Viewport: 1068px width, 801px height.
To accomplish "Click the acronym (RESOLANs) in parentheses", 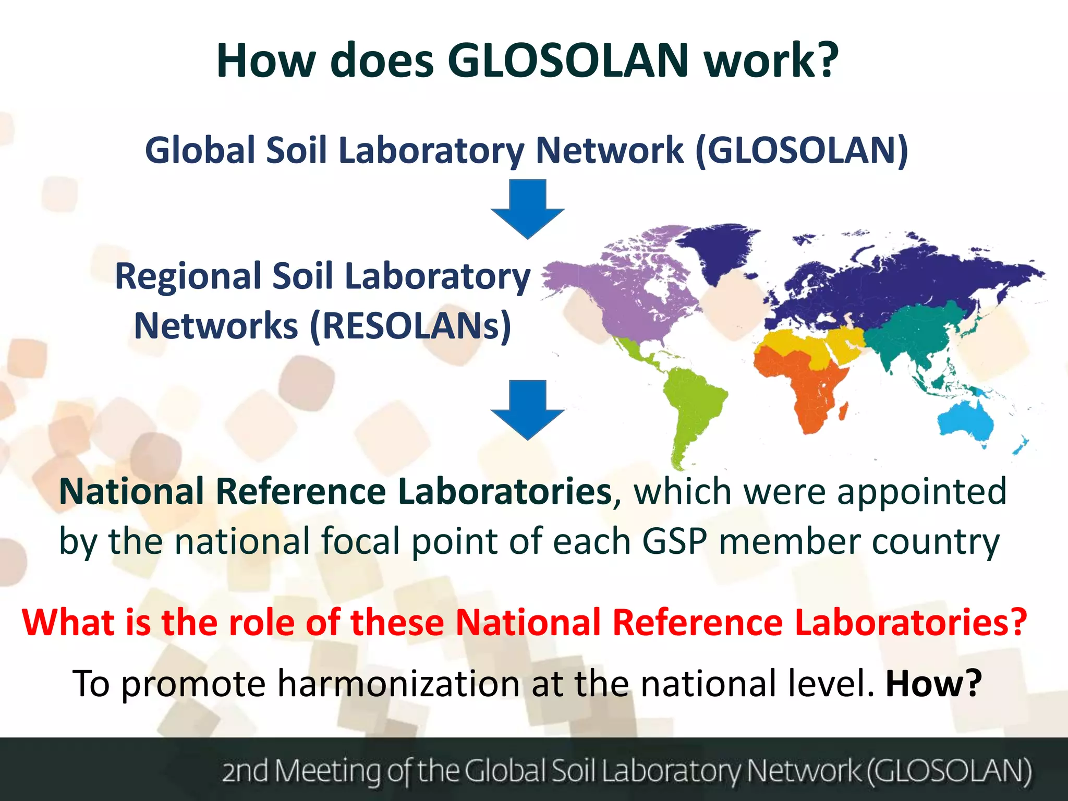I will (411, 326).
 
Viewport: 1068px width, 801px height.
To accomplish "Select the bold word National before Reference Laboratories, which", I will (131, 491).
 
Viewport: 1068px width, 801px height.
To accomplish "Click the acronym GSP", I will (674, 541).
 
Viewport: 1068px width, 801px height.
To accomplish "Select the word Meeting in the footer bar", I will (327, 771).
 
